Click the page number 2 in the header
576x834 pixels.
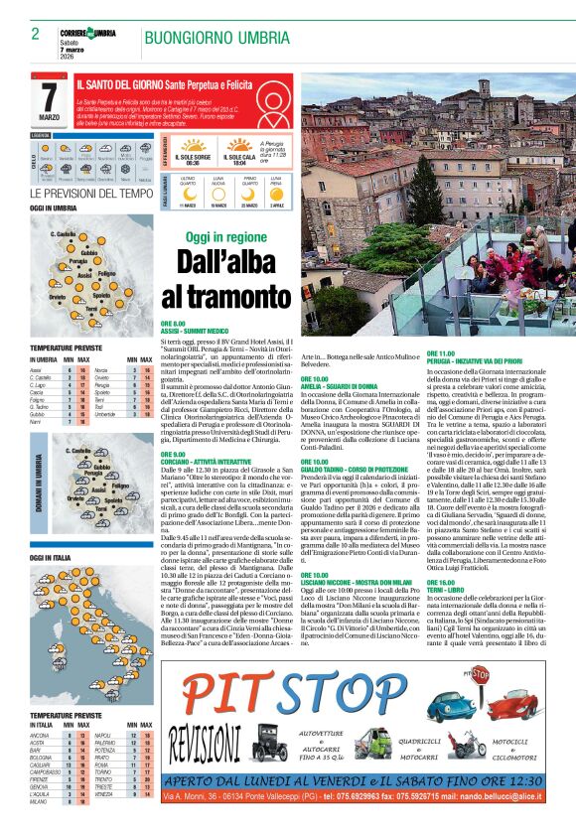36,34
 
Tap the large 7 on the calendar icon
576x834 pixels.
50,98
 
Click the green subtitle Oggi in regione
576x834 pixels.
229,237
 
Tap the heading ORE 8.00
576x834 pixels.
173,324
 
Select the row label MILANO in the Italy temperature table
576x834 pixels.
40,815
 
